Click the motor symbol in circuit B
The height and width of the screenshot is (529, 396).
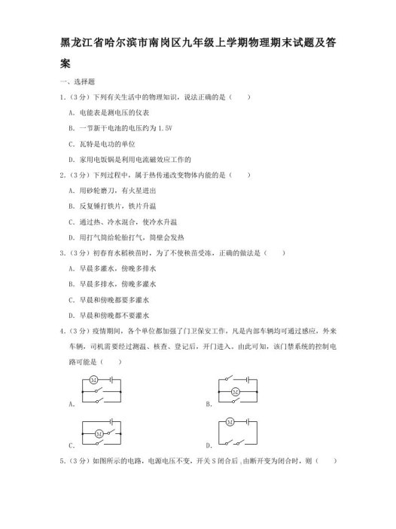235,392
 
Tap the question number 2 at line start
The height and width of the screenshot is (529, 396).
60,175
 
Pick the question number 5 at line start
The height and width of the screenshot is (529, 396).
60,462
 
